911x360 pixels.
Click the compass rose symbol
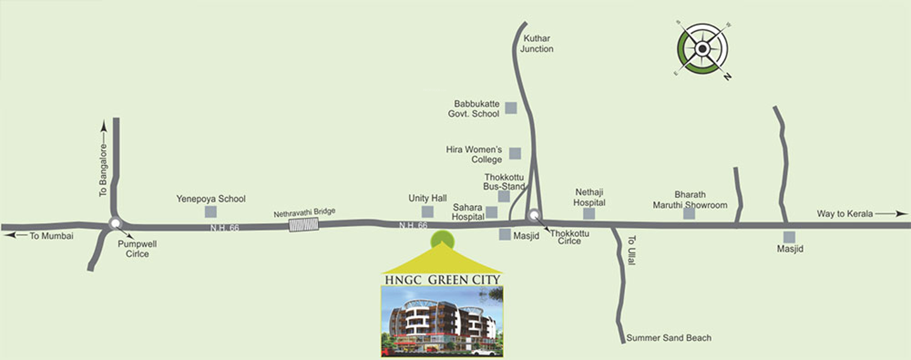(702, 49)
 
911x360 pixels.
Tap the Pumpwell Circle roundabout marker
(115, 224)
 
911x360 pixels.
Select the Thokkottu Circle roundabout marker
(533, 215)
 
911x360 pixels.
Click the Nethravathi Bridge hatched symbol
(303, 224)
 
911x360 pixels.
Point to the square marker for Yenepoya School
(211, 211)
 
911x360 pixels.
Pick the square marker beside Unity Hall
(427, 211)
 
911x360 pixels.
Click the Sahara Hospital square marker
(492, 212)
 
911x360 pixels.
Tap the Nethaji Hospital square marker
(589, 214)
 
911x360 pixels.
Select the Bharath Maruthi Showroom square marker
(689, 214)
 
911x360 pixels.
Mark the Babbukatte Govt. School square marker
(511, 108)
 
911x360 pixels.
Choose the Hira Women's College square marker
(515, 154)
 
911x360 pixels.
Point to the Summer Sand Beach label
(669, 338)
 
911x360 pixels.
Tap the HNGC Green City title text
(442, 280)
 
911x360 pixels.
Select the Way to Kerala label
(844, 214)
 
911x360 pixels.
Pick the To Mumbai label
(52, 236)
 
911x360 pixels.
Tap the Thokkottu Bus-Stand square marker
(504, 196)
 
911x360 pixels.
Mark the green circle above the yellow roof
(443, 238)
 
